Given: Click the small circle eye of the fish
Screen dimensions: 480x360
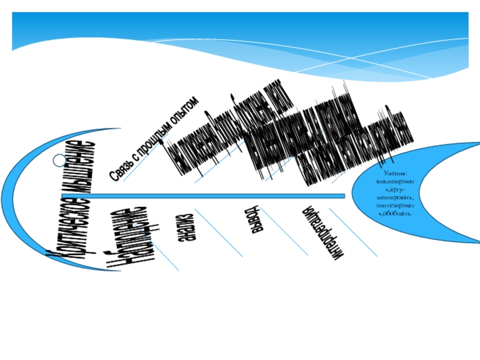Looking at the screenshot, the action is point(58,160).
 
